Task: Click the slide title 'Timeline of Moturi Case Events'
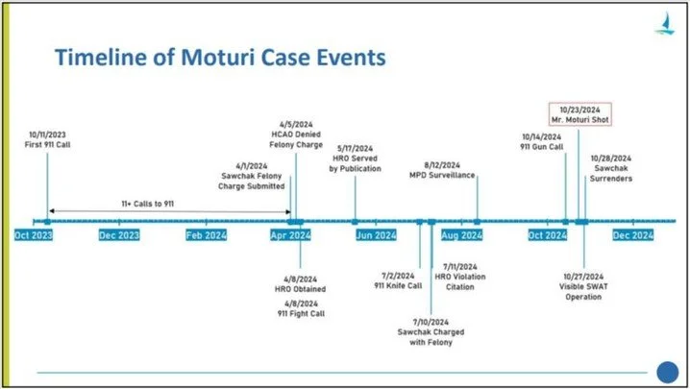click(220, 58)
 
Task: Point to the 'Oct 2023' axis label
click(35, 235)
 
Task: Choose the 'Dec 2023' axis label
click(120, 235)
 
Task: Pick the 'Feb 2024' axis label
click(207, 235)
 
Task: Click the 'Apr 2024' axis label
click(289, 235)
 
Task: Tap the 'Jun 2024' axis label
click(376, 235)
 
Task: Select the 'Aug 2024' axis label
click(461, 235)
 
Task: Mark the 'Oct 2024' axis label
click(547, 235)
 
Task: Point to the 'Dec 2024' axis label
click(633, 235)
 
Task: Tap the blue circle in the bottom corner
click(666, 372)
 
